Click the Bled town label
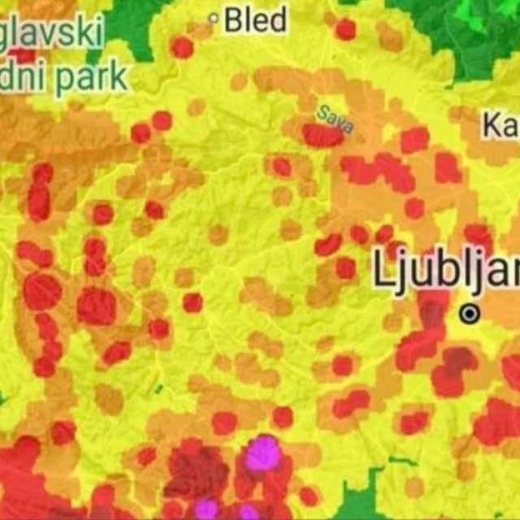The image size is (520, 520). [255, 19]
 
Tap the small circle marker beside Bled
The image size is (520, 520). [214, 17]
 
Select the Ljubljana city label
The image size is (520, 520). [445, 270]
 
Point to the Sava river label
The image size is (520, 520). [334, 119]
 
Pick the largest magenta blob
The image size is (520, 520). [263, 453]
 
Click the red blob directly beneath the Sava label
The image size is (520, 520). [323, 135]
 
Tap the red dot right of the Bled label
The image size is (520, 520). [345, 29]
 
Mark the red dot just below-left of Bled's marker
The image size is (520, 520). [183, 47]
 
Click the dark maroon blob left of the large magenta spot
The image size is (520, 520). [197, 471]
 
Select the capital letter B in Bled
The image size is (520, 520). [233, 19]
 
